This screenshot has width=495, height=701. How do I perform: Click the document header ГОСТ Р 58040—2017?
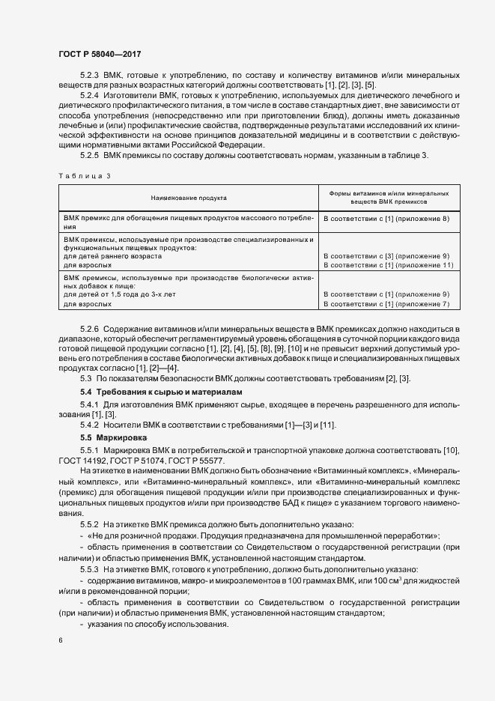pos(99,55)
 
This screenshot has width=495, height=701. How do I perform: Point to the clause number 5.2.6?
pos(89,330)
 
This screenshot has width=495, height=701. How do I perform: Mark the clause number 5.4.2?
pos(89,425)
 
